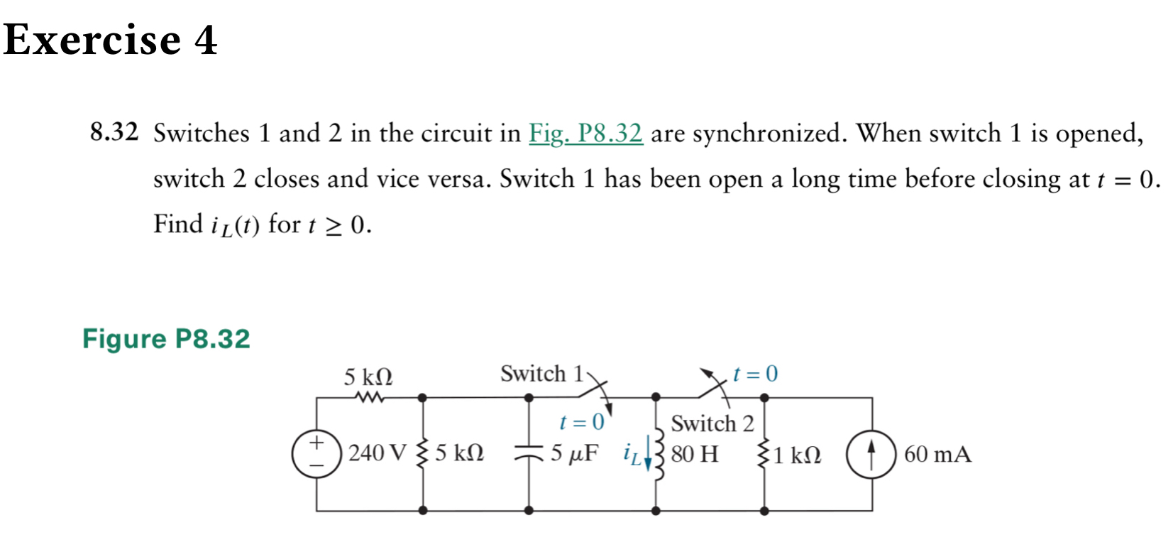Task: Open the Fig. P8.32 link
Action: tap(585, 133)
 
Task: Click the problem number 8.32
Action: tap(114, 132)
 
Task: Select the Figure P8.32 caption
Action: tap(166, 339)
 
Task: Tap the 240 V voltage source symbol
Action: tap(316, 453)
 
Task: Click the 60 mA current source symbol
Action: tap(871, 454)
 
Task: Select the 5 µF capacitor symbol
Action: tap(529, 453)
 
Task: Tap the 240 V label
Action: tap(378, 453)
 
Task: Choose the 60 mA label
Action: tap(937, 454)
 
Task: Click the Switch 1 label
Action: tap(541, 374)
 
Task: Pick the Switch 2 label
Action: tap(712, 423)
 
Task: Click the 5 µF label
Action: tap(574, 453)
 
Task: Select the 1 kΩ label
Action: tap(797, 455)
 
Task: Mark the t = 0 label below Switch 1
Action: tap(581, 423)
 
